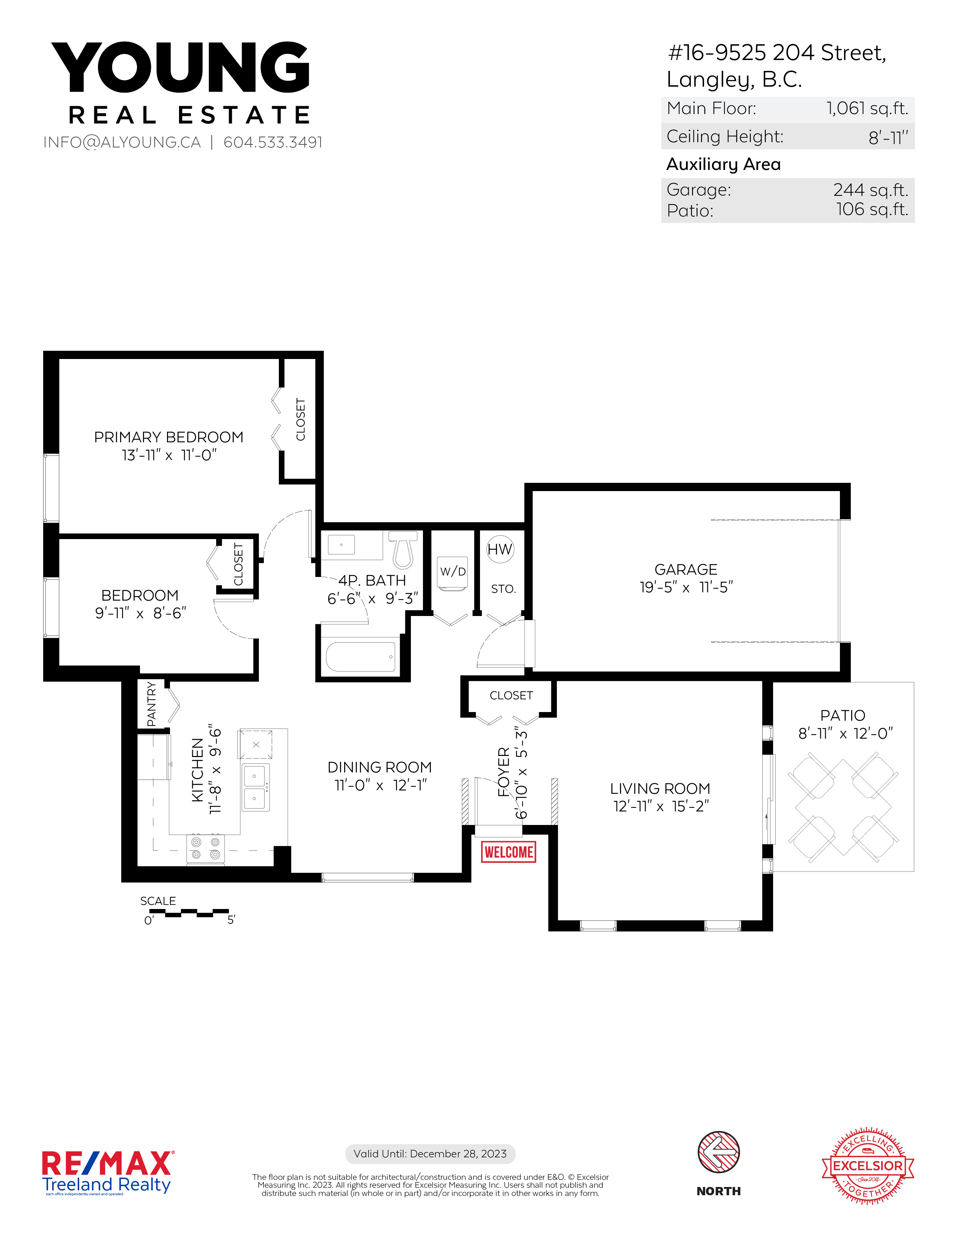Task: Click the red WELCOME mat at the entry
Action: (509, 852)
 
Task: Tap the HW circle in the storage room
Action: (500, 549)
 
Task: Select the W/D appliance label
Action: (453, 571)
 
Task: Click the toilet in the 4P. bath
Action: (403, 549)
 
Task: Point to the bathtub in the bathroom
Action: (361, 657)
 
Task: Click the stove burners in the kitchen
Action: (205, 849)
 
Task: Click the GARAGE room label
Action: (686, 569)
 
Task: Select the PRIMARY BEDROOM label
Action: (169, 437)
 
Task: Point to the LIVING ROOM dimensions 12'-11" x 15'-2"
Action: (661, 806)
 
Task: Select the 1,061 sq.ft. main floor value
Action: (867, 108)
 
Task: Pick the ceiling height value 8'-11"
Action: (888, 137)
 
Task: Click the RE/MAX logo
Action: (108, 1172)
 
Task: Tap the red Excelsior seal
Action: (868, 1166)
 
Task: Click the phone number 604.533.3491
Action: (273, 142)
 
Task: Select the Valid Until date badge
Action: (430, 1154)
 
